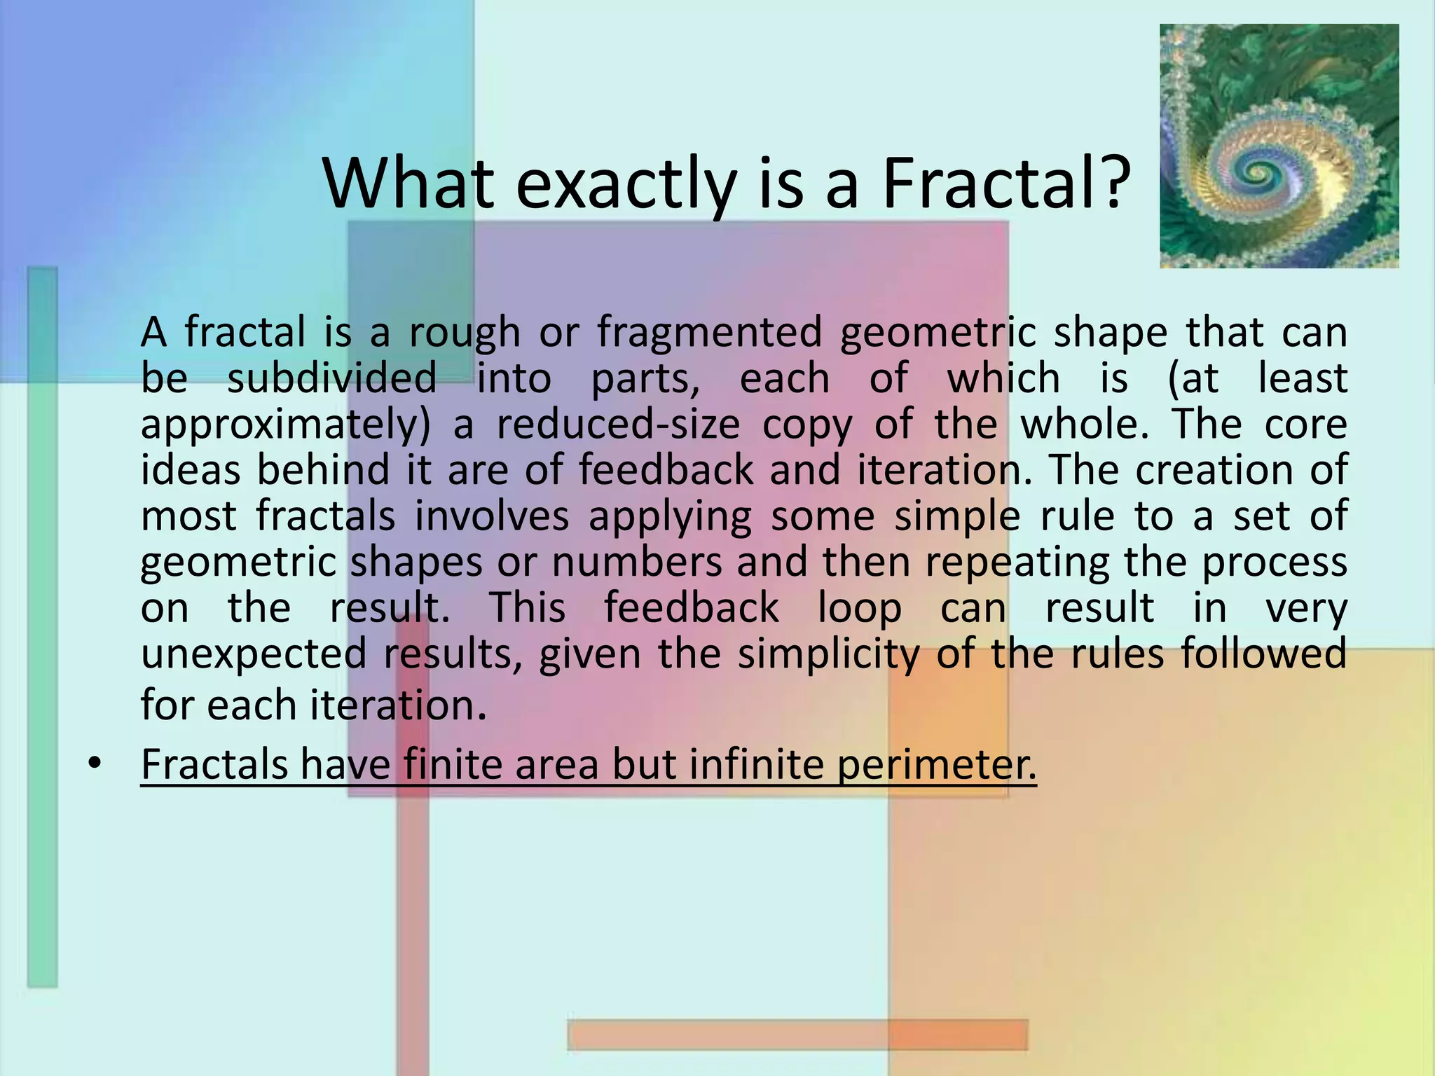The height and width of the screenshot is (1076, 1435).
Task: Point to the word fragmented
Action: (709, 332)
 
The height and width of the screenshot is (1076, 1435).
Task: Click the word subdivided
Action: (332, 378)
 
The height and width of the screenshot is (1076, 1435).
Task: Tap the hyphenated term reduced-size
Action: (618, 425)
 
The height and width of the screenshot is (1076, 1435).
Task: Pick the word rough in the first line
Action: (465, 333)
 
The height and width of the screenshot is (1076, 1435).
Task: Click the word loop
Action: (860, 608)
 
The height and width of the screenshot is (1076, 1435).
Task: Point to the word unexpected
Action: (254, 654)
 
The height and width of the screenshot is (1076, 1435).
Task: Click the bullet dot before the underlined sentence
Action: (95, 762)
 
